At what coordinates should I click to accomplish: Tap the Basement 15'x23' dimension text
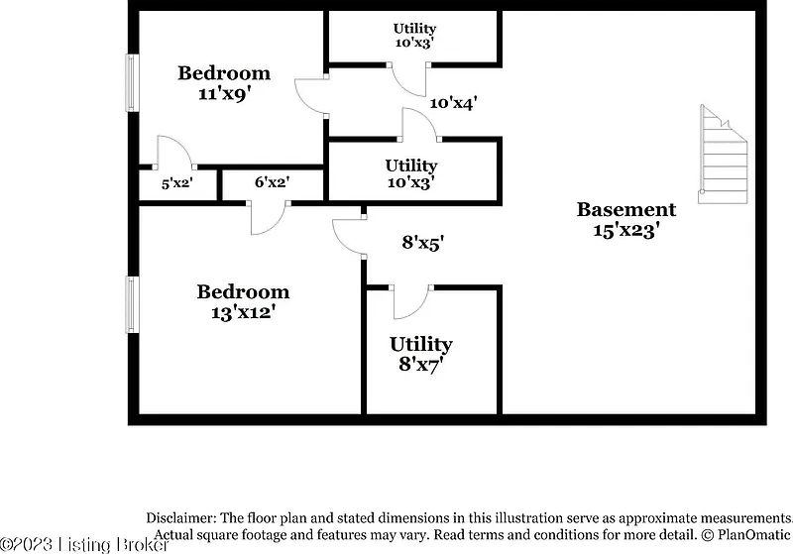pos(626,231)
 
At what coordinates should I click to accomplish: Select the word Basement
pos(626,209)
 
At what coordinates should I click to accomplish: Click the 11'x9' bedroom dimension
pos(225,93)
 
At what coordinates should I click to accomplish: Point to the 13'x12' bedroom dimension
pos(243,312)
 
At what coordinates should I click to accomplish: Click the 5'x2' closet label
pos(177,183)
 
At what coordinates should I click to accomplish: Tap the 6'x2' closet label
pos(272,182)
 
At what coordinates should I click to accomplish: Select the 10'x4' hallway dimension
pos(454,104)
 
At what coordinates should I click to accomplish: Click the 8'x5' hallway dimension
pos(423,243)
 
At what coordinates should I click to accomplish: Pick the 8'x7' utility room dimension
pos(420,364)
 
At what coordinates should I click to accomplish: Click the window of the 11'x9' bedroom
pos(132,82)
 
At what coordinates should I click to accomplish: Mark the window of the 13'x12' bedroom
pos(132,304)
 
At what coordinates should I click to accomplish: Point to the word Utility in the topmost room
pos(414,29)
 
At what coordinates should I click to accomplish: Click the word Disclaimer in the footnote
pos(181,517)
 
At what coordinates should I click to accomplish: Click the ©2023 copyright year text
pos(27,544)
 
